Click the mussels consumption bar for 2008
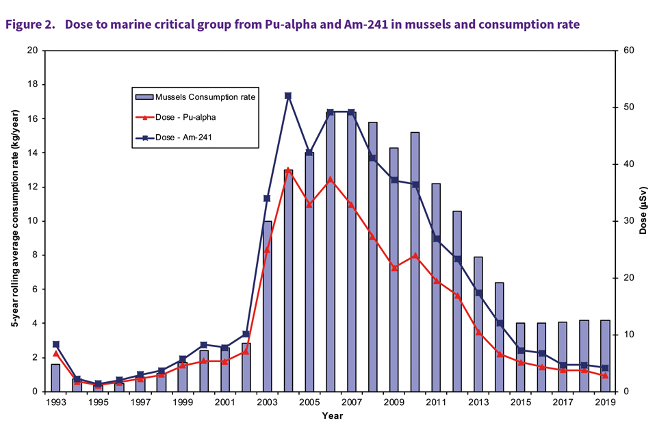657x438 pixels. tap(373, 257)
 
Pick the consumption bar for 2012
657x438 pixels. tap(457, 301)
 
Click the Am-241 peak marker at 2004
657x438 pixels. tap(288, 96)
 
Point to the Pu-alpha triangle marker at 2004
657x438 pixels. tap(288, 169)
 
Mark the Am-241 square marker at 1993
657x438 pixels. tap(55, 344)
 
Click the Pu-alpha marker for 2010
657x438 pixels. tap(415, 255)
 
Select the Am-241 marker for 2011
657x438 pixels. tap(436, 239)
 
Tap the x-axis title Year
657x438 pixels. tap(332, 415)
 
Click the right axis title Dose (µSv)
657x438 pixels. tap(643, 211)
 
